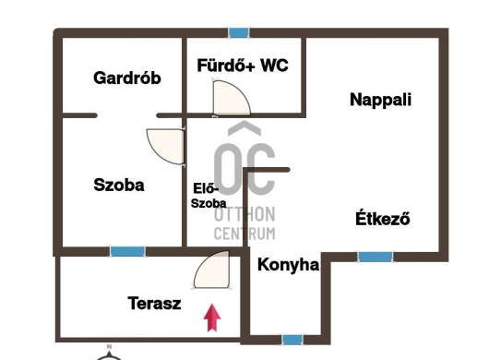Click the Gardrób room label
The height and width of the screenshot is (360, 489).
(127, 78)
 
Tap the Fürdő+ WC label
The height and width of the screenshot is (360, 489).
(243, 66)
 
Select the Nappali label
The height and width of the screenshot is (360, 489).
(380, 100)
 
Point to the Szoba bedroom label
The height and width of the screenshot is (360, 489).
(119, 185)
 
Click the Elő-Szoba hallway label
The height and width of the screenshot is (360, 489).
(209, 196)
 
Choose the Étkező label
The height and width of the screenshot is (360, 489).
(383, 219)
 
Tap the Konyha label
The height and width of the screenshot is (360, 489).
(289, 265)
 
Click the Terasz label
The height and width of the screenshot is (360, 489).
(154, 303)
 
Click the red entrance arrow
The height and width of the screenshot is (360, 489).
(212, 318)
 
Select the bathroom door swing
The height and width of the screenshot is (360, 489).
(232, 98)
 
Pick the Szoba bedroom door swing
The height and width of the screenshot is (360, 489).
(165, 146)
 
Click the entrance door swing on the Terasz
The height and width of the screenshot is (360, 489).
(211, 270)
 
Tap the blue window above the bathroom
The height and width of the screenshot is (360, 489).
(239, 32)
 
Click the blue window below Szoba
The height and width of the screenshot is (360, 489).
(127, 251)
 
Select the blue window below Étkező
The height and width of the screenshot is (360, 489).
(376, 257)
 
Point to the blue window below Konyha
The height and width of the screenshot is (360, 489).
(292, 340)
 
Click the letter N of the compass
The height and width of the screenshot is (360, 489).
(109, 346)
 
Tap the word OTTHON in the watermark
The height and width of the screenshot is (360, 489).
(244, 214)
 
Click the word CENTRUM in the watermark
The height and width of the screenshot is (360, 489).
(244, 234)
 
